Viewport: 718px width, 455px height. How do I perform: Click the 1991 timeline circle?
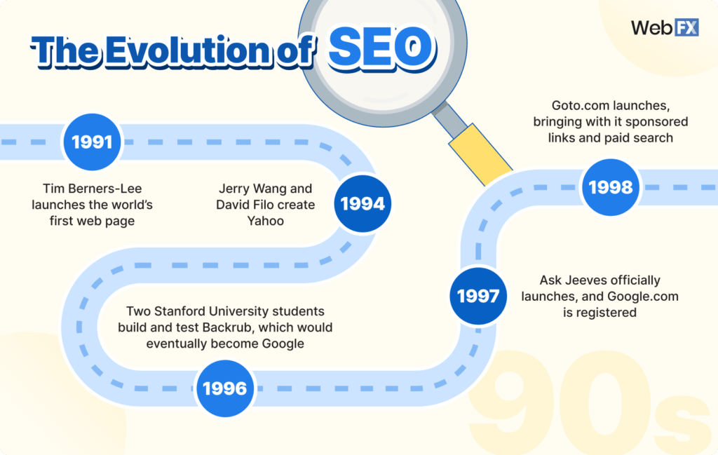(92, 142)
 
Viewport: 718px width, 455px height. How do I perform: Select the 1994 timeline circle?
(363, 204)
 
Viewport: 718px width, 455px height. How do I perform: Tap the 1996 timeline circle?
(224, 388)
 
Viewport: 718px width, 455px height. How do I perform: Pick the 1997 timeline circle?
(478, 296)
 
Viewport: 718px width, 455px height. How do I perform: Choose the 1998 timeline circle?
(611, 187)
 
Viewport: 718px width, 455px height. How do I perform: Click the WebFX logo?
(661, 27)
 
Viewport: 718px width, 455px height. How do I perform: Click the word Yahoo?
(266, 221)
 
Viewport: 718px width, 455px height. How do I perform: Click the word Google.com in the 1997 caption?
(644, 296)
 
